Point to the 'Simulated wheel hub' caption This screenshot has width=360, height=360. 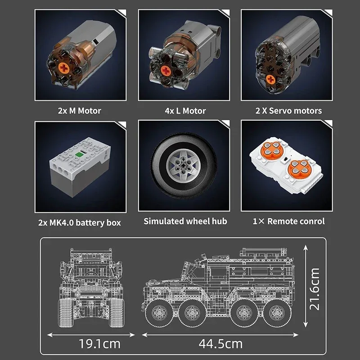click(185, 221)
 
